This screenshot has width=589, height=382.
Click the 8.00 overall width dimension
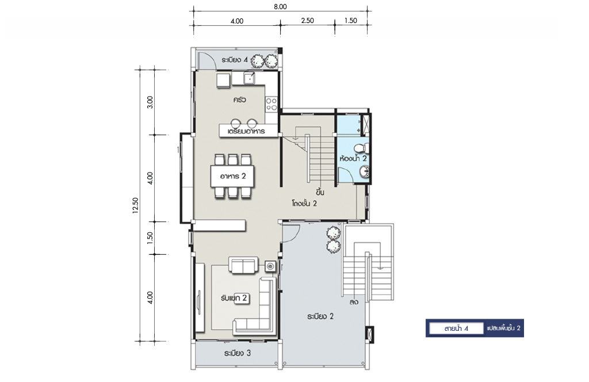coord(280,6)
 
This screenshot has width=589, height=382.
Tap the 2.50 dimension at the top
coord(307,21)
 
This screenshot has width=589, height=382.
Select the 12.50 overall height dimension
coord(136,206)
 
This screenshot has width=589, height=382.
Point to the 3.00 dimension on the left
coord(150,102)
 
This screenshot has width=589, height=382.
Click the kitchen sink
coord(250,78)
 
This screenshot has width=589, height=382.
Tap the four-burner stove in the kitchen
coord(271,104)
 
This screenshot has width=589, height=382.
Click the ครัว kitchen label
coord(239,100)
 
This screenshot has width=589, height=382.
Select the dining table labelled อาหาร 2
coord(232,176)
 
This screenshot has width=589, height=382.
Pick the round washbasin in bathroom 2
coord(364,172)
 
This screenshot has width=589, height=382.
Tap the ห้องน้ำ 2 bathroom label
coord(353,159)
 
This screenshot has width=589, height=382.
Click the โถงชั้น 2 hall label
coord(304,204)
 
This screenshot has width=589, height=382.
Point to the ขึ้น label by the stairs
coord(320,193)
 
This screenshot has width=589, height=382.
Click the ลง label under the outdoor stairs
coord(353,301)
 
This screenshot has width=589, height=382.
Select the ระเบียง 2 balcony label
coord(320,316)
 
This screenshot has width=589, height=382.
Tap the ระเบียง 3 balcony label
coord(238,353)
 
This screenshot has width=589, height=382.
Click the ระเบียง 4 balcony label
coord(235,60)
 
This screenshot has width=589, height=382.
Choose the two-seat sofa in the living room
coord(243,265)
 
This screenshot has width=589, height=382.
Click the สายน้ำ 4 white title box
coord(456,328)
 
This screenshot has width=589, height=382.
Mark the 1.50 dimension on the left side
coord(150,238)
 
